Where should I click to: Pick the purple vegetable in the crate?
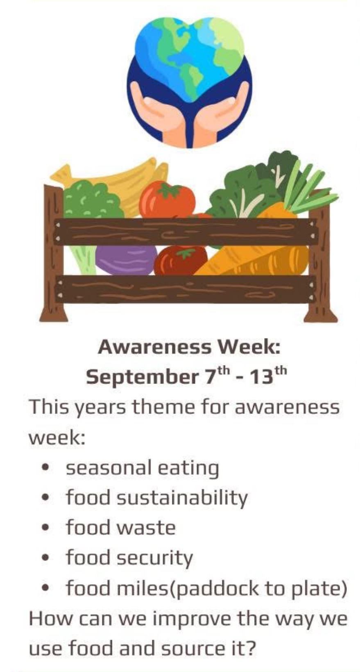(126, 260)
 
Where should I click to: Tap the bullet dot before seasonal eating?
(45, 468)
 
